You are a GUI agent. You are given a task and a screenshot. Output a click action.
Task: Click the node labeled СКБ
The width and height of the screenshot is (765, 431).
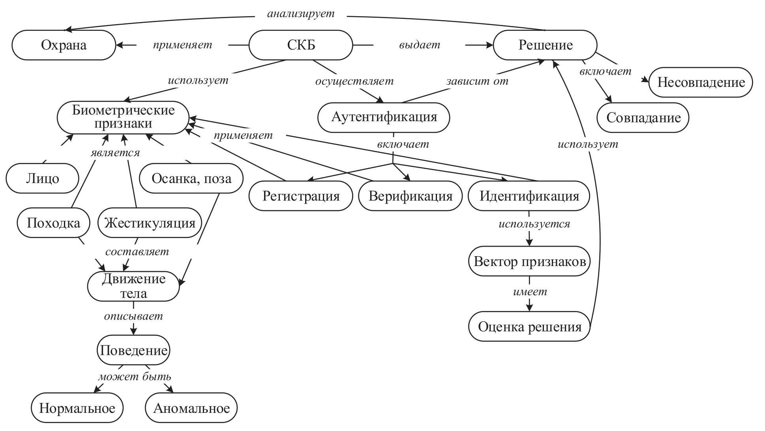[301, 45]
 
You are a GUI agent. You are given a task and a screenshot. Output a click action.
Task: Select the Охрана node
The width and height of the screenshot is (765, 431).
[64, 45]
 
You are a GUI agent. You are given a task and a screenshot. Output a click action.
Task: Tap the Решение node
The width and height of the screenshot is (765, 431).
[545, 45]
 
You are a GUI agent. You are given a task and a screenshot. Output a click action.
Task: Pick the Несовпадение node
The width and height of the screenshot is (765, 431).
[701, 82]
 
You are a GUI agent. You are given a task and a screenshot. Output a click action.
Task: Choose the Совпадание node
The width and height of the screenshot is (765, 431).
[643, 118]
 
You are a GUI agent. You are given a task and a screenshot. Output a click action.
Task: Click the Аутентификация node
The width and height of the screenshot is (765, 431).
[384, 117]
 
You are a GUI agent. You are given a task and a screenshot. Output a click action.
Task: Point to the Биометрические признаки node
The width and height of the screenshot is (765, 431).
[123, 117]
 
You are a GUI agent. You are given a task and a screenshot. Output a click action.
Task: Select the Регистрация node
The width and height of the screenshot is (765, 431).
[301, 196]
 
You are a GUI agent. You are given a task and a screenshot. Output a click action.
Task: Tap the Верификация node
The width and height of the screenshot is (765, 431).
[410, 196]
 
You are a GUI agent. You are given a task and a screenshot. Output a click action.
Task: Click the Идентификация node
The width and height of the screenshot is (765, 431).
[529, 196]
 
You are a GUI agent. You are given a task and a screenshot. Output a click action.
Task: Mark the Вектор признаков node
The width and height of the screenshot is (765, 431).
[529, 261]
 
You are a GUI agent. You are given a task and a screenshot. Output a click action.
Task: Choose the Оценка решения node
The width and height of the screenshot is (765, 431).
[529, 326]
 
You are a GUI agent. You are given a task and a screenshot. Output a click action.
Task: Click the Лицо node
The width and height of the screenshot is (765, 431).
[42, 178]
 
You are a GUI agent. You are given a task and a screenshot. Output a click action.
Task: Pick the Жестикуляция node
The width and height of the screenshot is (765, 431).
[150, 223]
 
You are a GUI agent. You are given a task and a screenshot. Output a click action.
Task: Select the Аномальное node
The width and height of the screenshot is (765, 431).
[191, 408]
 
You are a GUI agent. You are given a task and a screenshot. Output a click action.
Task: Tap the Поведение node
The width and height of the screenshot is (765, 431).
[133, 350]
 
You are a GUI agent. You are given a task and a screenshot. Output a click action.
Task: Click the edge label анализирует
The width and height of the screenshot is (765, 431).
[301, 14]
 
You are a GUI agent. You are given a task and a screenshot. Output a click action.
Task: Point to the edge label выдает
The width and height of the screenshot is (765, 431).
[419, 45]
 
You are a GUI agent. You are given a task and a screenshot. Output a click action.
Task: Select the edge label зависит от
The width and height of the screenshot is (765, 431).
[477, 81]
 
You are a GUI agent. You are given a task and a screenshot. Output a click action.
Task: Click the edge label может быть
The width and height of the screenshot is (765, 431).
[135, 377]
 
